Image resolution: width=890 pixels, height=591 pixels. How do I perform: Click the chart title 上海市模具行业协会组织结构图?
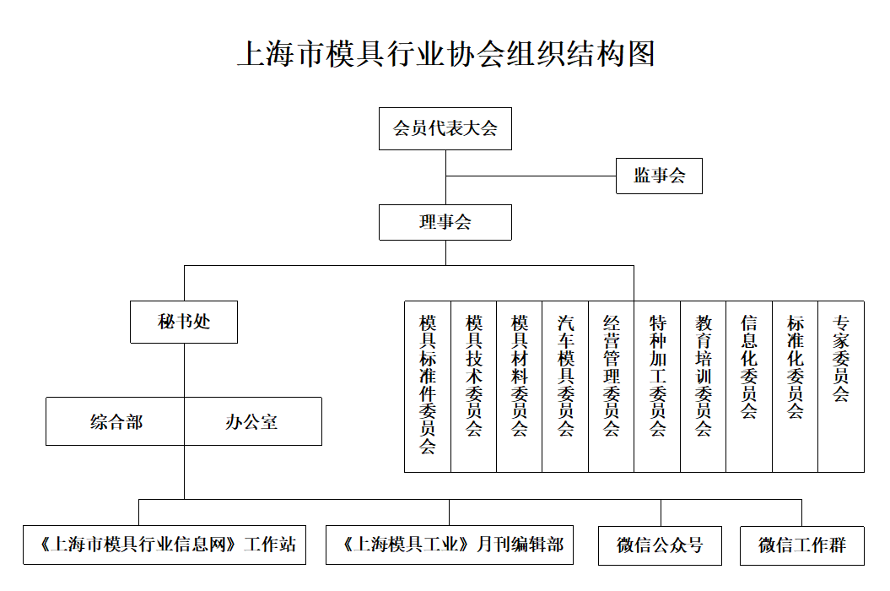click(x=446, y=54)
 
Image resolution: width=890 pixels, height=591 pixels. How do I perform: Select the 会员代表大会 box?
click(x=445, y=129)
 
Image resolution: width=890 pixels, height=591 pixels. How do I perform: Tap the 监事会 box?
click(x=659, y=176)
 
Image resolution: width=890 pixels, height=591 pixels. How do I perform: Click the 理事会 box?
click(x=445, y=222)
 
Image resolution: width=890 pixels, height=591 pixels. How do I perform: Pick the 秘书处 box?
click(x=184, y=323)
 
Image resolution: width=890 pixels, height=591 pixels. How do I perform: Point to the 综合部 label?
click(x=116, y=421)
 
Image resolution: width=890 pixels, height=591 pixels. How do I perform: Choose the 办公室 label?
click(x=251, y=421)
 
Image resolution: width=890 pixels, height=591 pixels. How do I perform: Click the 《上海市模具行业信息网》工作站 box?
click(x=165, y=545)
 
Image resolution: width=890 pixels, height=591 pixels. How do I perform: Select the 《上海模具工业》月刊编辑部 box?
click(x=450, y=545)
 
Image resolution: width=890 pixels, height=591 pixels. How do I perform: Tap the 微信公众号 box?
click(x=661, y=545)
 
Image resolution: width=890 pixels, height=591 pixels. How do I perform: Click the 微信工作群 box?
click(x=802, y=545)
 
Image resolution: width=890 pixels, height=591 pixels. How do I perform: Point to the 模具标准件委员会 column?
click(x=428, y=387)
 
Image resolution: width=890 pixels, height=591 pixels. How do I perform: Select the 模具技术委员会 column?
click(x=474, y=387)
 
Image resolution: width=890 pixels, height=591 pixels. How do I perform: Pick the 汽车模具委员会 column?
click(x=565, y=387)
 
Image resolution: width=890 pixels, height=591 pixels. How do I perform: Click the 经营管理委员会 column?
click(x=612, y=387)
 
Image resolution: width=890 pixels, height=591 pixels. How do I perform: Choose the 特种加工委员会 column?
click(x=657, y=387)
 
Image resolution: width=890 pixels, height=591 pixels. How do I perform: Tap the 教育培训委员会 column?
click(x=704, y=387)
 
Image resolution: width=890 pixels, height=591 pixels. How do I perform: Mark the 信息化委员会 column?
click(x=749, y=387)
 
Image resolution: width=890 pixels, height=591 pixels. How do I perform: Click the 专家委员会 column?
click(x=841, y=387)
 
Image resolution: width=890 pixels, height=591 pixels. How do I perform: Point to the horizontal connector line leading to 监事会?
click(x=531, y=176)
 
